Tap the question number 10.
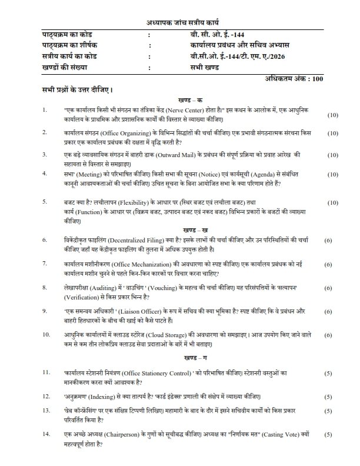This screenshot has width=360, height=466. point(46,334)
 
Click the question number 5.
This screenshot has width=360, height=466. point(45,202)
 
